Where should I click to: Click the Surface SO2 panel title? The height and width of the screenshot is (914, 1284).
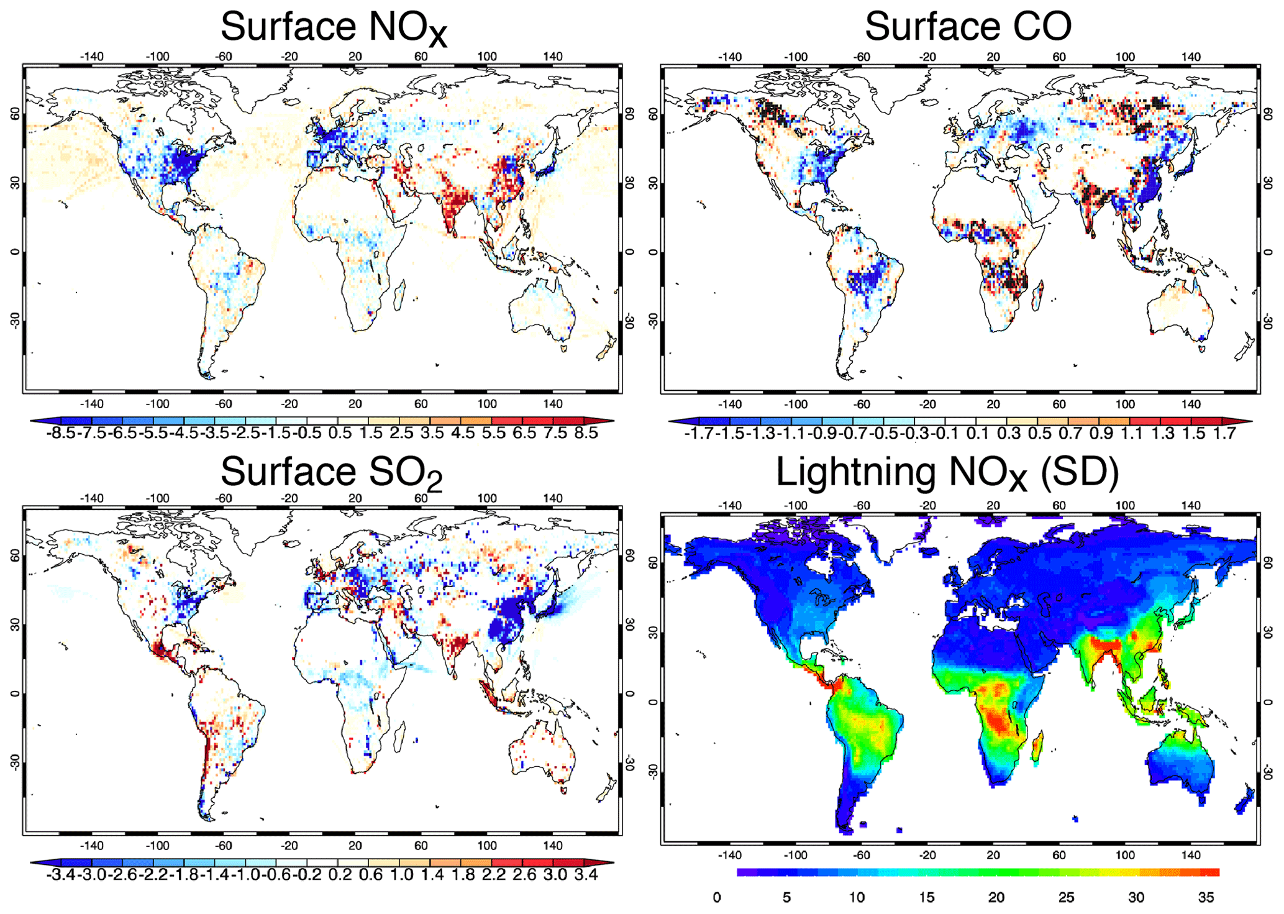coord(331,472)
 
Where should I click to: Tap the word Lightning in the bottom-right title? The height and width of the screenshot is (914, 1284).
coord(856,472)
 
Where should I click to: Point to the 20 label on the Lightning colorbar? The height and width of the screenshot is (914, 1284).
coord(996,897)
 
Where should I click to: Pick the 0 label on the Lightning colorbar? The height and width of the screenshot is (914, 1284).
coord(717,897)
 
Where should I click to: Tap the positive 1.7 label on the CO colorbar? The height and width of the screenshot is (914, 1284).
coord(1224,433)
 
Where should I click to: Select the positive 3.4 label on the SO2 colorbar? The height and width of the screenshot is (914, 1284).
coord(586,875)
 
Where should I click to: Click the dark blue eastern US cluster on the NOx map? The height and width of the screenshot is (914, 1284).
coord(183,165)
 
